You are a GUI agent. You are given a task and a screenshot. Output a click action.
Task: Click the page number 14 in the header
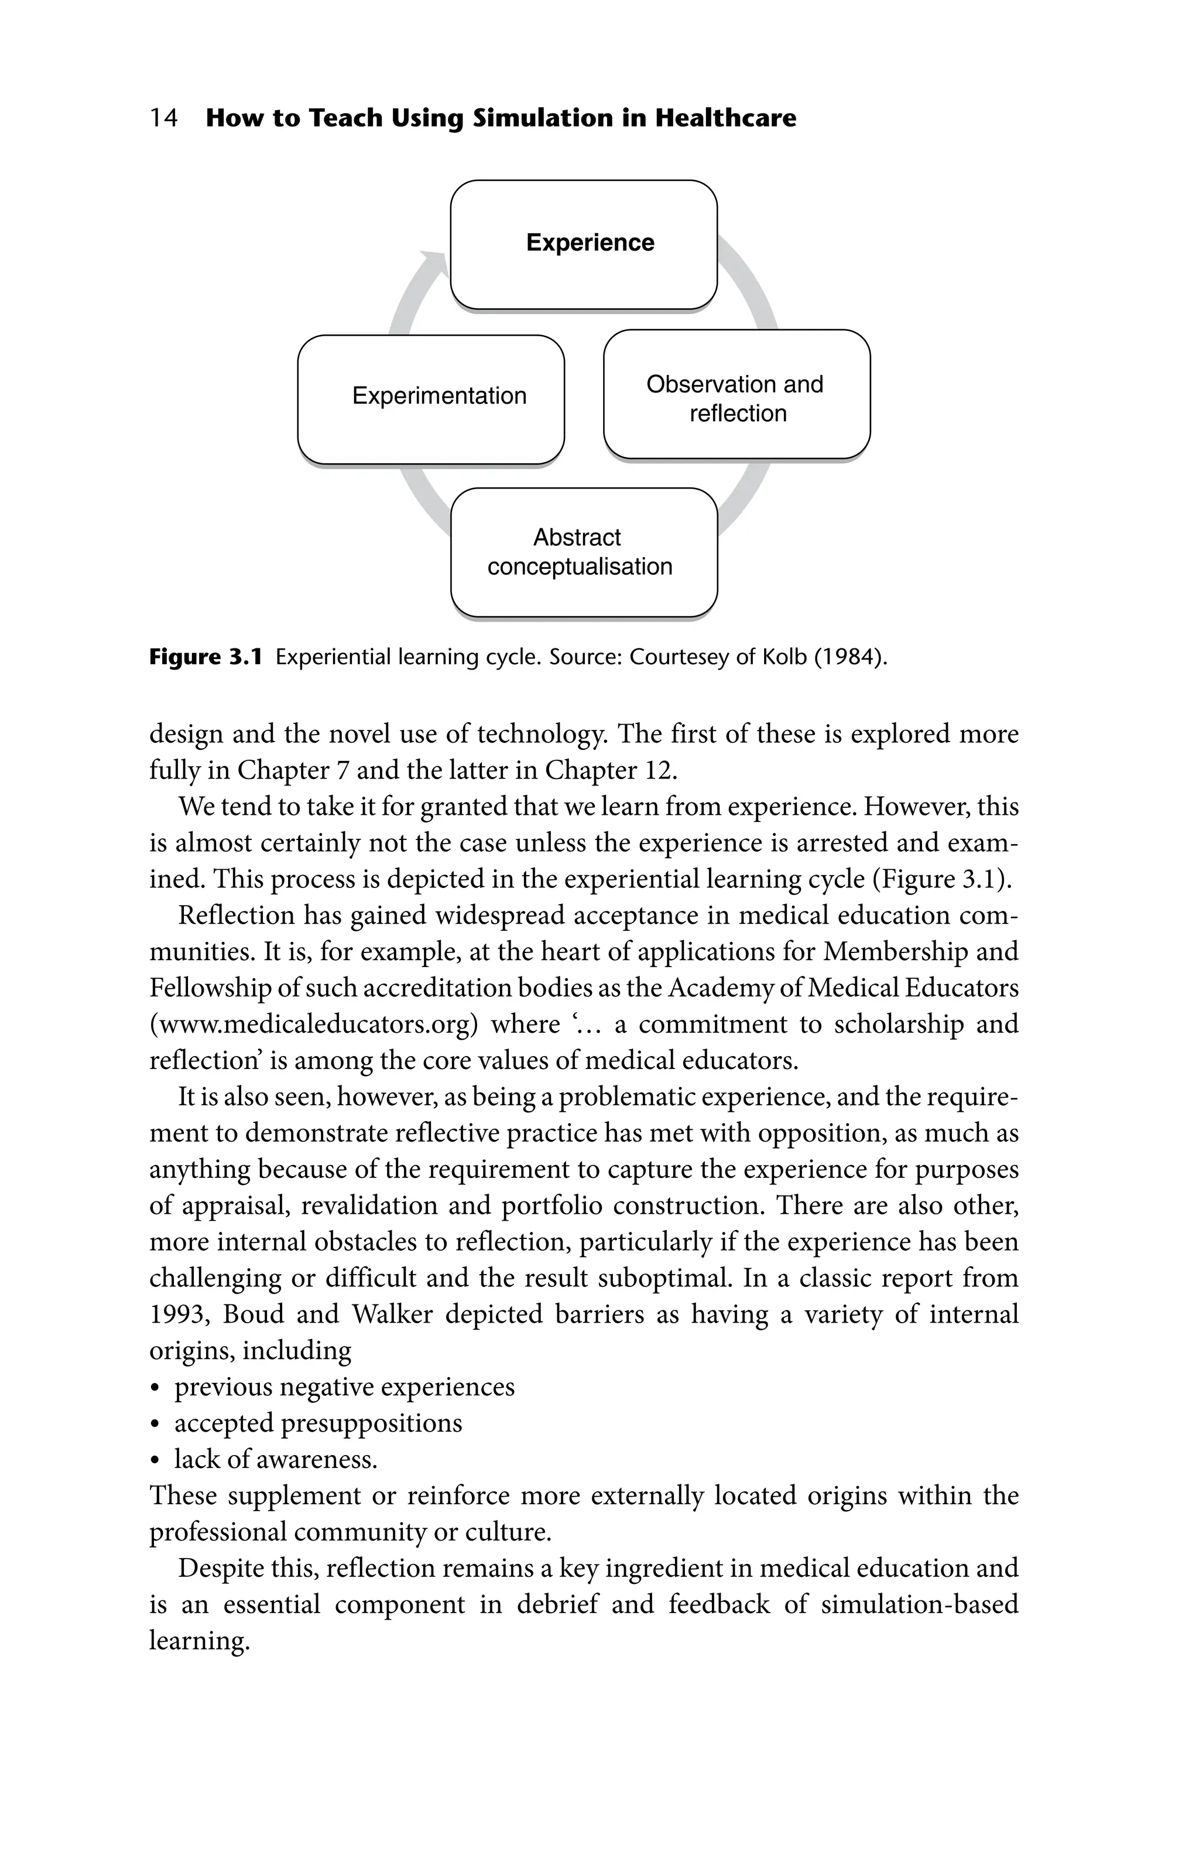pyautogui.click(x=163, y=118)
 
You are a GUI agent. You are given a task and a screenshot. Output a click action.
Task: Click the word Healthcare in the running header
pyautogui.click(x=725, y=118)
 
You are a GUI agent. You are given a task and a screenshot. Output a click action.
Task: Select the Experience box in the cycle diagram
pyautogui.click(x=583, y=244)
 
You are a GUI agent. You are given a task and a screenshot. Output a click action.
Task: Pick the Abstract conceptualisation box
pyautogui.click(x=583, y=552)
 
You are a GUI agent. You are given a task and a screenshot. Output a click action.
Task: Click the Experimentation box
pyautogui.click(x=431, y=399)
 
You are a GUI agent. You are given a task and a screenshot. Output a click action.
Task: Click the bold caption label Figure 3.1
pyautogui.click(x=205, y=658)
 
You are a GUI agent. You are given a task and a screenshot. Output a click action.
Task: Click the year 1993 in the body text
pyautogui.click(x=178, y=1314)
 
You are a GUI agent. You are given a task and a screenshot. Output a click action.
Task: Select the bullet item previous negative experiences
pyautogui.click(x=344, y=1386)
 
